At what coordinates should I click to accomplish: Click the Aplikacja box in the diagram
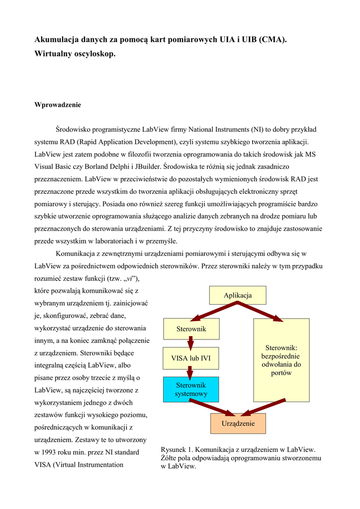point(238,295)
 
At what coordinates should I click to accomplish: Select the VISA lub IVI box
point(191,358)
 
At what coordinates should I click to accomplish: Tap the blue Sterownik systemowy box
point(191,390)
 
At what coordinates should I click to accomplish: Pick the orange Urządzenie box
point(238,424)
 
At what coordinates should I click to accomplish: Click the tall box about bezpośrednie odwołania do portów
point(281,360)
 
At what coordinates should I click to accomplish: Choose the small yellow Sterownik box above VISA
point(191,329)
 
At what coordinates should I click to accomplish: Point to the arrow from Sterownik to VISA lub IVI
point(191,343)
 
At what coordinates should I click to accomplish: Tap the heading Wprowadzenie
point(57,105)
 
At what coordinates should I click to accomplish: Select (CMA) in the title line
point(273,39)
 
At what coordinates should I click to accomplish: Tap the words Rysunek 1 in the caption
point(176,449)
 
